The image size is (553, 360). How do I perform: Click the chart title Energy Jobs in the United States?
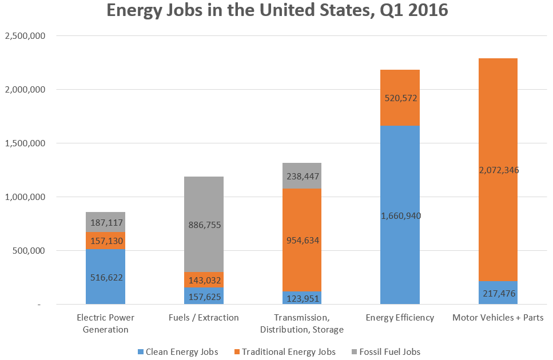[276, 12]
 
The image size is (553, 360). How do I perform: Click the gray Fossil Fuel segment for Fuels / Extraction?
[204, 200]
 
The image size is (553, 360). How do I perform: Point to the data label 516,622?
[106, 277]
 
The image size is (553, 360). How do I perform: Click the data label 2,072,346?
[498, 170]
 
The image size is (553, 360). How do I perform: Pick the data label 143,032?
[204, 280]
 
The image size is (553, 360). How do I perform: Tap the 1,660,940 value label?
[400, 215]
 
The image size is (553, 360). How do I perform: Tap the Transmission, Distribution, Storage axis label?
[301, 323]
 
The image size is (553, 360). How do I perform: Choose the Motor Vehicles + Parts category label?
[498, 318]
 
